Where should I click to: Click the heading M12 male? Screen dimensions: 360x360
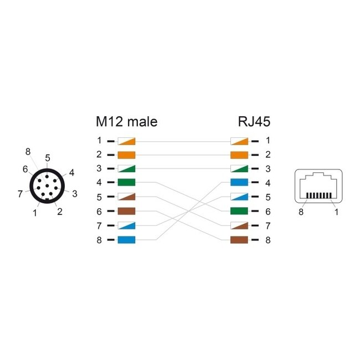pyautogui.click(x=127, y=122)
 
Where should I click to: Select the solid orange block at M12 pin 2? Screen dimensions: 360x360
pyautogui.click(x=126, y=155)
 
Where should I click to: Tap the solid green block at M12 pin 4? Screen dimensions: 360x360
pyautogui.click(x=126, y=183)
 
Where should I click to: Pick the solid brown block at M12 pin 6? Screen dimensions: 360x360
pyautogui.click(x=126, y=211)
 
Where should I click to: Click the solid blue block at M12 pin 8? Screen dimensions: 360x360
pyautogui.click(x=126, y=240)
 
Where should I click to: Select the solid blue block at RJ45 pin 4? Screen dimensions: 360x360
pyautogui.click(x=239, y=183)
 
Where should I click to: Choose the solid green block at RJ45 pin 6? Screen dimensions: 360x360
pyautogui.click(x=239, y=211)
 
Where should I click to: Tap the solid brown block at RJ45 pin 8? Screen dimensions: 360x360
pyautogui.click(x=239, y=240)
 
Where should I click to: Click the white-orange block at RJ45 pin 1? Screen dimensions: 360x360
pyautogui.click(x=239, y=141)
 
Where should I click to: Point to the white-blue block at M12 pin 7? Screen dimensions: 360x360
pyautogui.click(x=126, y=225)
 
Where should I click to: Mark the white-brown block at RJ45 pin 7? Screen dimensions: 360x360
pyautogui.click(x=239, y=225)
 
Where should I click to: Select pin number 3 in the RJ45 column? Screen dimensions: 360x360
pyautogui.click(x=268, y=169)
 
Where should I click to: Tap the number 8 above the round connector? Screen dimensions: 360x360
pyautogui.click(x=28, y=152)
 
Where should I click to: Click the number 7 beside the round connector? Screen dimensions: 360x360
pyautogui.click(x=20, y=193)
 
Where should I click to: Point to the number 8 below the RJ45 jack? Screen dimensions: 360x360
pyautogui.click(x=301, y=212)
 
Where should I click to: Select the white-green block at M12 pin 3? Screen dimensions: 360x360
pyautogui.click(x=126, y=169)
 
